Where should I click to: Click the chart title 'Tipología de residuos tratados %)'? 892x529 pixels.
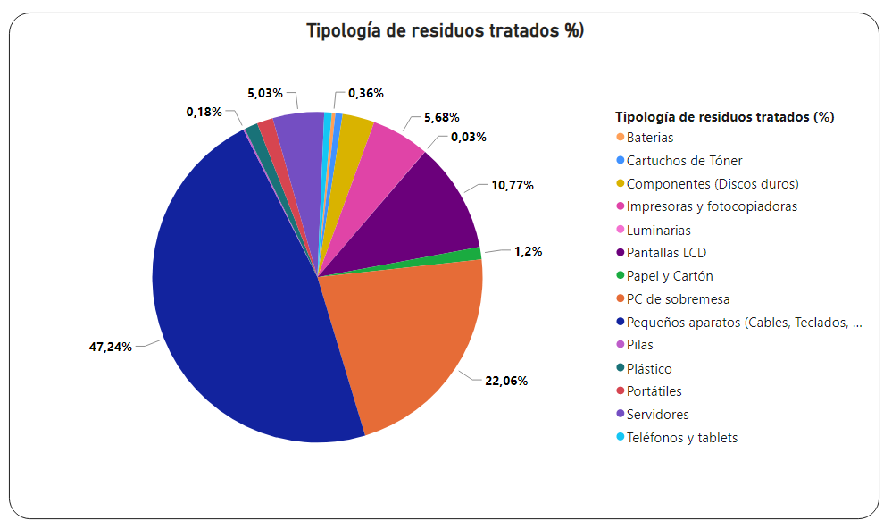445,30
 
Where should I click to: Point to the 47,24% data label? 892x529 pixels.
111,347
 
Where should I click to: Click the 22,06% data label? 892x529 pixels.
506,381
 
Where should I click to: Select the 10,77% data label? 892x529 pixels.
513,185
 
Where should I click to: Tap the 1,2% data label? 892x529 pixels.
529,251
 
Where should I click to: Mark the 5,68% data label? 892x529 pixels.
441,117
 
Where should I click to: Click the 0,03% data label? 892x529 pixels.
469,137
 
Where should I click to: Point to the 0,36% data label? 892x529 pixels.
366,93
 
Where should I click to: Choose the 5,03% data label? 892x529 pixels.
265,93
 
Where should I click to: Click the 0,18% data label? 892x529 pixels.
204,112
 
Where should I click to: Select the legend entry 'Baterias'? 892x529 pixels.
649,138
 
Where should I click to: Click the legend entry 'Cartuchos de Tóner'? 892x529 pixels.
684,161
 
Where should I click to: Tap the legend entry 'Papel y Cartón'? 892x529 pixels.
670,276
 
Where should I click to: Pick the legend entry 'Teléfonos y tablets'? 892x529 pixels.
681,438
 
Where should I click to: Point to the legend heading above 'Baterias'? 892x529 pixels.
724,117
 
